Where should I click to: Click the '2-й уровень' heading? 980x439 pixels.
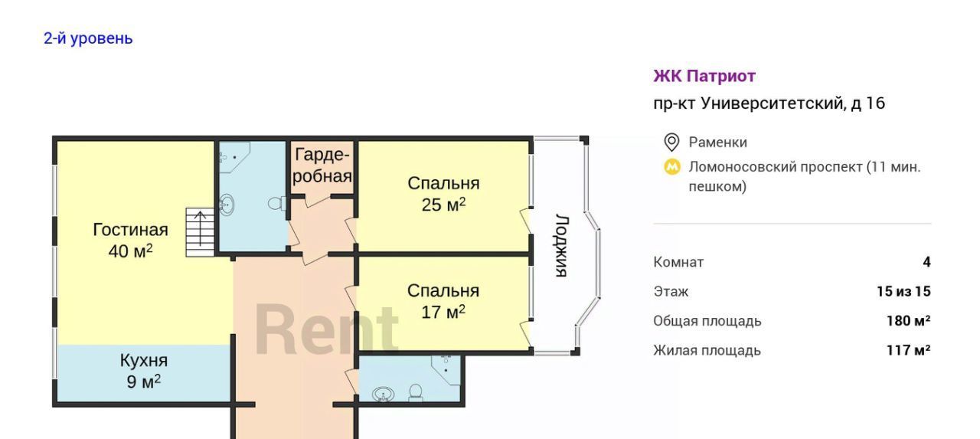tap(88, 38)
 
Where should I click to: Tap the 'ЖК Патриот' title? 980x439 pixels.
tap(704, 76)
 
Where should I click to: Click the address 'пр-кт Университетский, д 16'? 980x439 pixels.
tap(769, 103)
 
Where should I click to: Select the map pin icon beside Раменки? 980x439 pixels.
tap(671, 143)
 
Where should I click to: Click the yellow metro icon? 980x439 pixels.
tap(672, 167)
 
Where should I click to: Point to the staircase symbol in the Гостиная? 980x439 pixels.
tap(200, 232)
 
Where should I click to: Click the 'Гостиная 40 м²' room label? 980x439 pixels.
tap(130, 241)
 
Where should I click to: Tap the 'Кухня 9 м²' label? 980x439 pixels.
tap(144, 371)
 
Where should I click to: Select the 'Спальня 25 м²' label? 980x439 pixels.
tap(443, 194)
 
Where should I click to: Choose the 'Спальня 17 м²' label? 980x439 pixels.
tap(443, 301)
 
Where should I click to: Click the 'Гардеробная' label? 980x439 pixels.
tap(322, 165)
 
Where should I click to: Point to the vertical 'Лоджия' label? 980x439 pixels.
tap(562, 245)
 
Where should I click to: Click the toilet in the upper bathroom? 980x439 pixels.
tap(277, 204)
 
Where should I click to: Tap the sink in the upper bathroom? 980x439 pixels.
tap(227, 205)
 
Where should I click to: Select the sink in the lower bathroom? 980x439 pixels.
tap(384, 395)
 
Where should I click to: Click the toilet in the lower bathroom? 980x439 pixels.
tap(416, 392)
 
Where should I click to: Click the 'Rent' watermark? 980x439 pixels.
tap(326, 329)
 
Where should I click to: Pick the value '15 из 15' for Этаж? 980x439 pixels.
tap(903, 291)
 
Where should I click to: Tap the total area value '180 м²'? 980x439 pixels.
tap(908, 321)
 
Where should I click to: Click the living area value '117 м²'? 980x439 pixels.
tap(908, 350)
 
